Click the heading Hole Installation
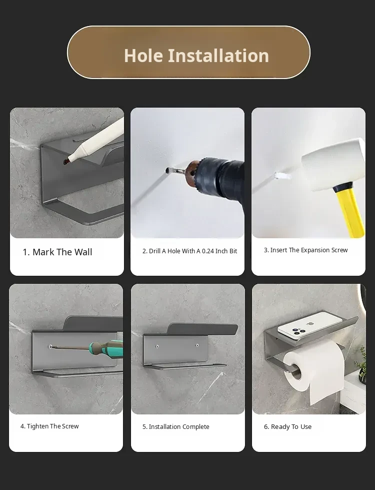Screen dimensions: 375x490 coord(196,56)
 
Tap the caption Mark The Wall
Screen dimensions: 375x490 coord(57,252)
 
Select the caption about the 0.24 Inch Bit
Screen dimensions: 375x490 coord(190,251)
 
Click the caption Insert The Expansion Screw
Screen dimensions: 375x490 coord(305,250)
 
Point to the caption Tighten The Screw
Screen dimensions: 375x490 coord(49,426)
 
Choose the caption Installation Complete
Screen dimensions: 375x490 coord(176,426)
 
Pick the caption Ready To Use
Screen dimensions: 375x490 coord(287,426)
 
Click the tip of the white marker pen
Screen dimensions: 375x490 coord(69,161)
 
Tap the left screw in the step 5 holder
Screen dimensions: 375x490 coord(157,346)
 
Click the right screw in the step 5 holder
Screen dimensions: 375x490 coord(197,345)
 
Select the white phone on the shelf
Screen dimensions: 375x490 coord(309,325)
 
